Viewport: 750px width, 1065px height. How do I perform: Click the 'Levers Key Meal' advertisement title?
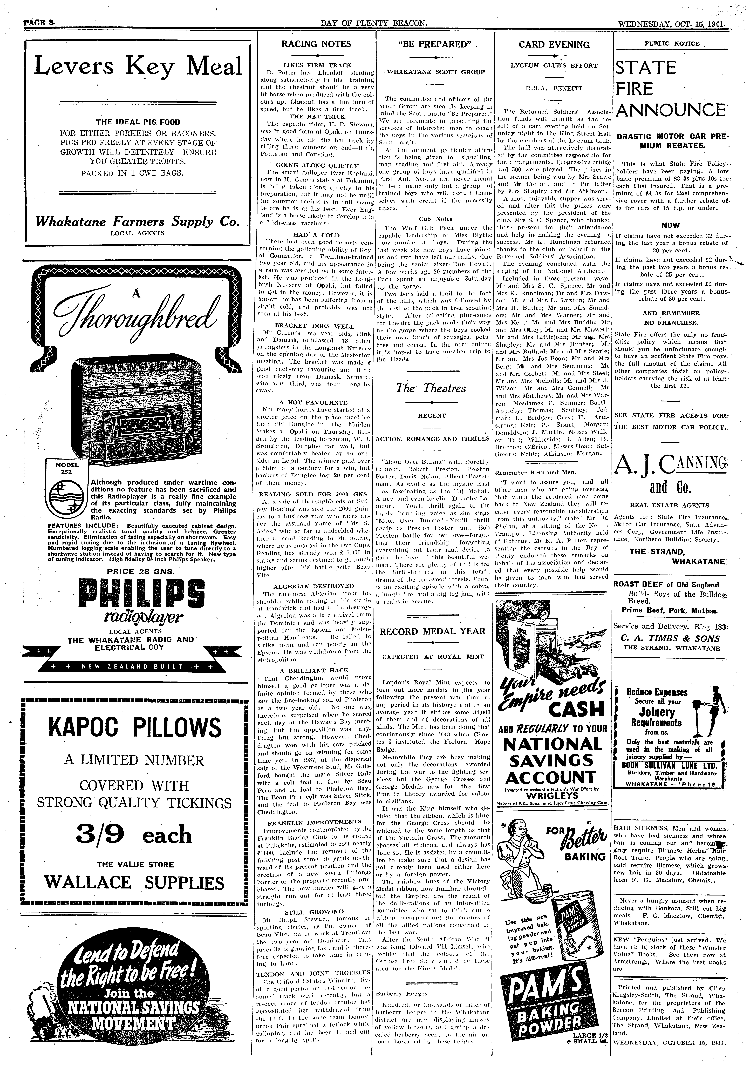click(x=138, y=66)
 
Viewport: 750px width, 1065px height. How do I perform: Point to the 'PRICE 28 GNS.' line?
click(x=134, y=571)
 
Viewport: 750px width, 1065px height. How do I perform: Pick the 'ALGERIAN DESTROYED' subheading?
click(x=313, y=586)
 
